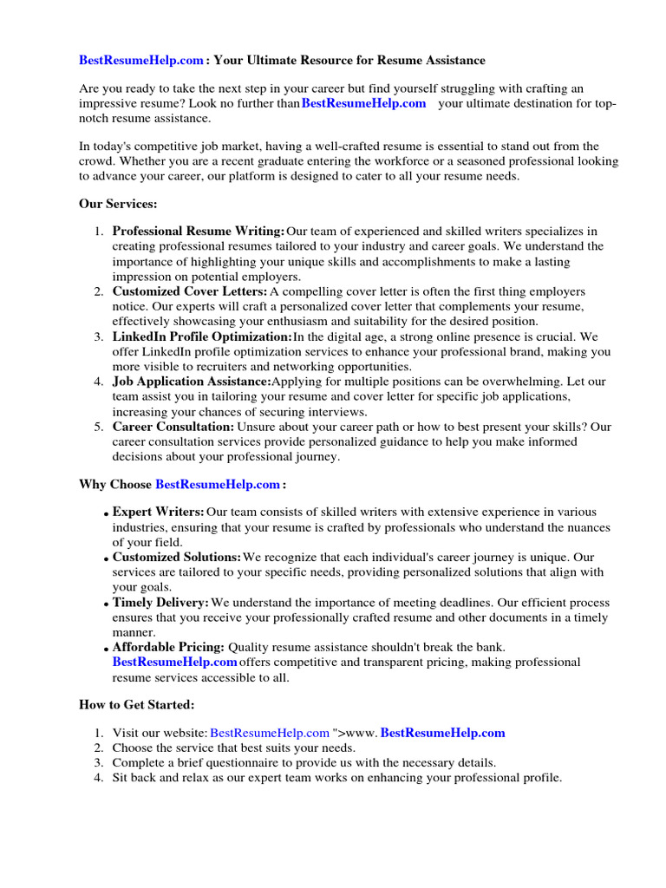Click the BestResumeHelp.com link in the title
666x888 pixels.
(x=141, y=60)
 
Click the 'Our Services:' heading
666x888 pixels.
(x=118, y=204)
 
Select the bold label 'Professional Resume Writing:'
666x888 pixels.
(x=198, y=232)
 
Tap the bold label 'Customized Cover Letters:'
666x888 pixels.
(x=189, y=292)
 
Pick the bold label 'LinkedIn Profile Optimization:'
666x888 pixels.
(x=201, y=336)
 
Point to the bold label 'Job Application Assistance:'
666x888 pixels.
(x=192, y=382)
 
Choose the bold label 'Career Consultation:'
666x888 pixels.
(x=173, y=427)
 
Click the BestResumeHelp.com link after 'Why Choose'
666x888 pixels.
(x=218, y=484)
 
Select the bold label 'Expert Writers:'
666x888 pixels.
(x=158, y=513)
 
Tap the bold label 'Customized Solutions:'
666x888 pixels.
(x=176, y=557)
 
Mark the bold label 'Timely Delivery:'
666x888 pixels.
(x=160, y=602)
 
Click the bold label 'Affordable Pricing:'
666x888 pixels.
(x=168, y=647)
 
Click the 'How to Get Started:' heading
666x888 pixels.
(x=137, y=704)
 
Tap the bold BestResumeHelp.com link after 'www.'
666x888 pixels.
(x=442, y=733)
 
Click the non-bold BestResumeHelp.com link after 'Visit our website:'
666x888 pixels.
(x=270, y=733)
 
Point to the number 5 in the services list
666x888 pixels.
(x=100, y=427)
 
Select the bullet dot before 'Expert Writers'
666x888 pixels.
(x=106, y=515)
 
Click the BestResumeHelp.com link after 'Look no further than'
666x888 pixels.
(x=363, y=103)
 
